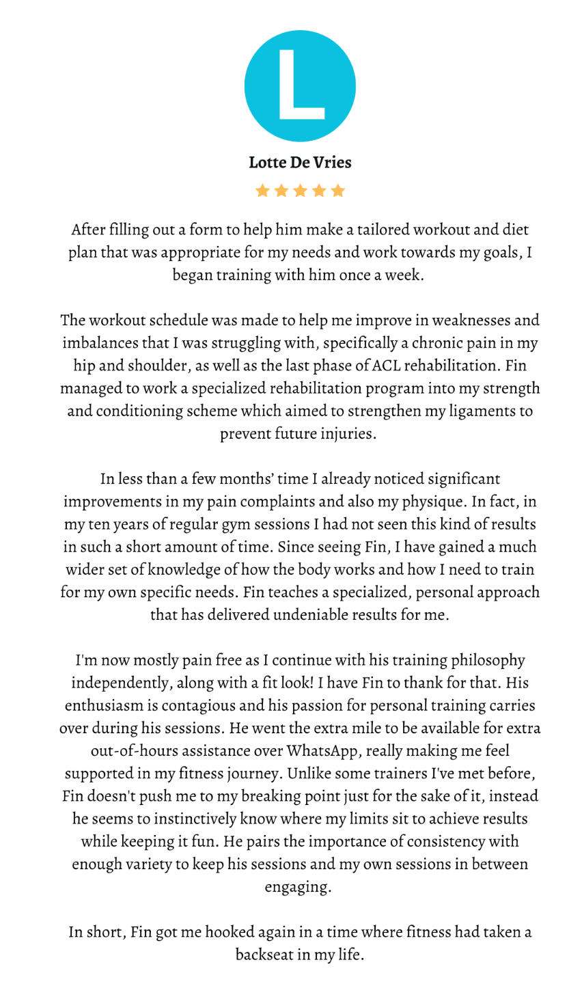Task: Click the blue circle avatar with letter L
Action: point(300,86)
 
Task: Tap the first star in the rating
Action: point(262,191)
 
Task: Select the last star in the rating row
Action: point(338,191)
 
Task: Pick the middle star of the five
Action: point(300,191)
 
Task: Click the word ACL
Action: point(387,366)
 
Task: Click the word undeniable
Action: point(310,614)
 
